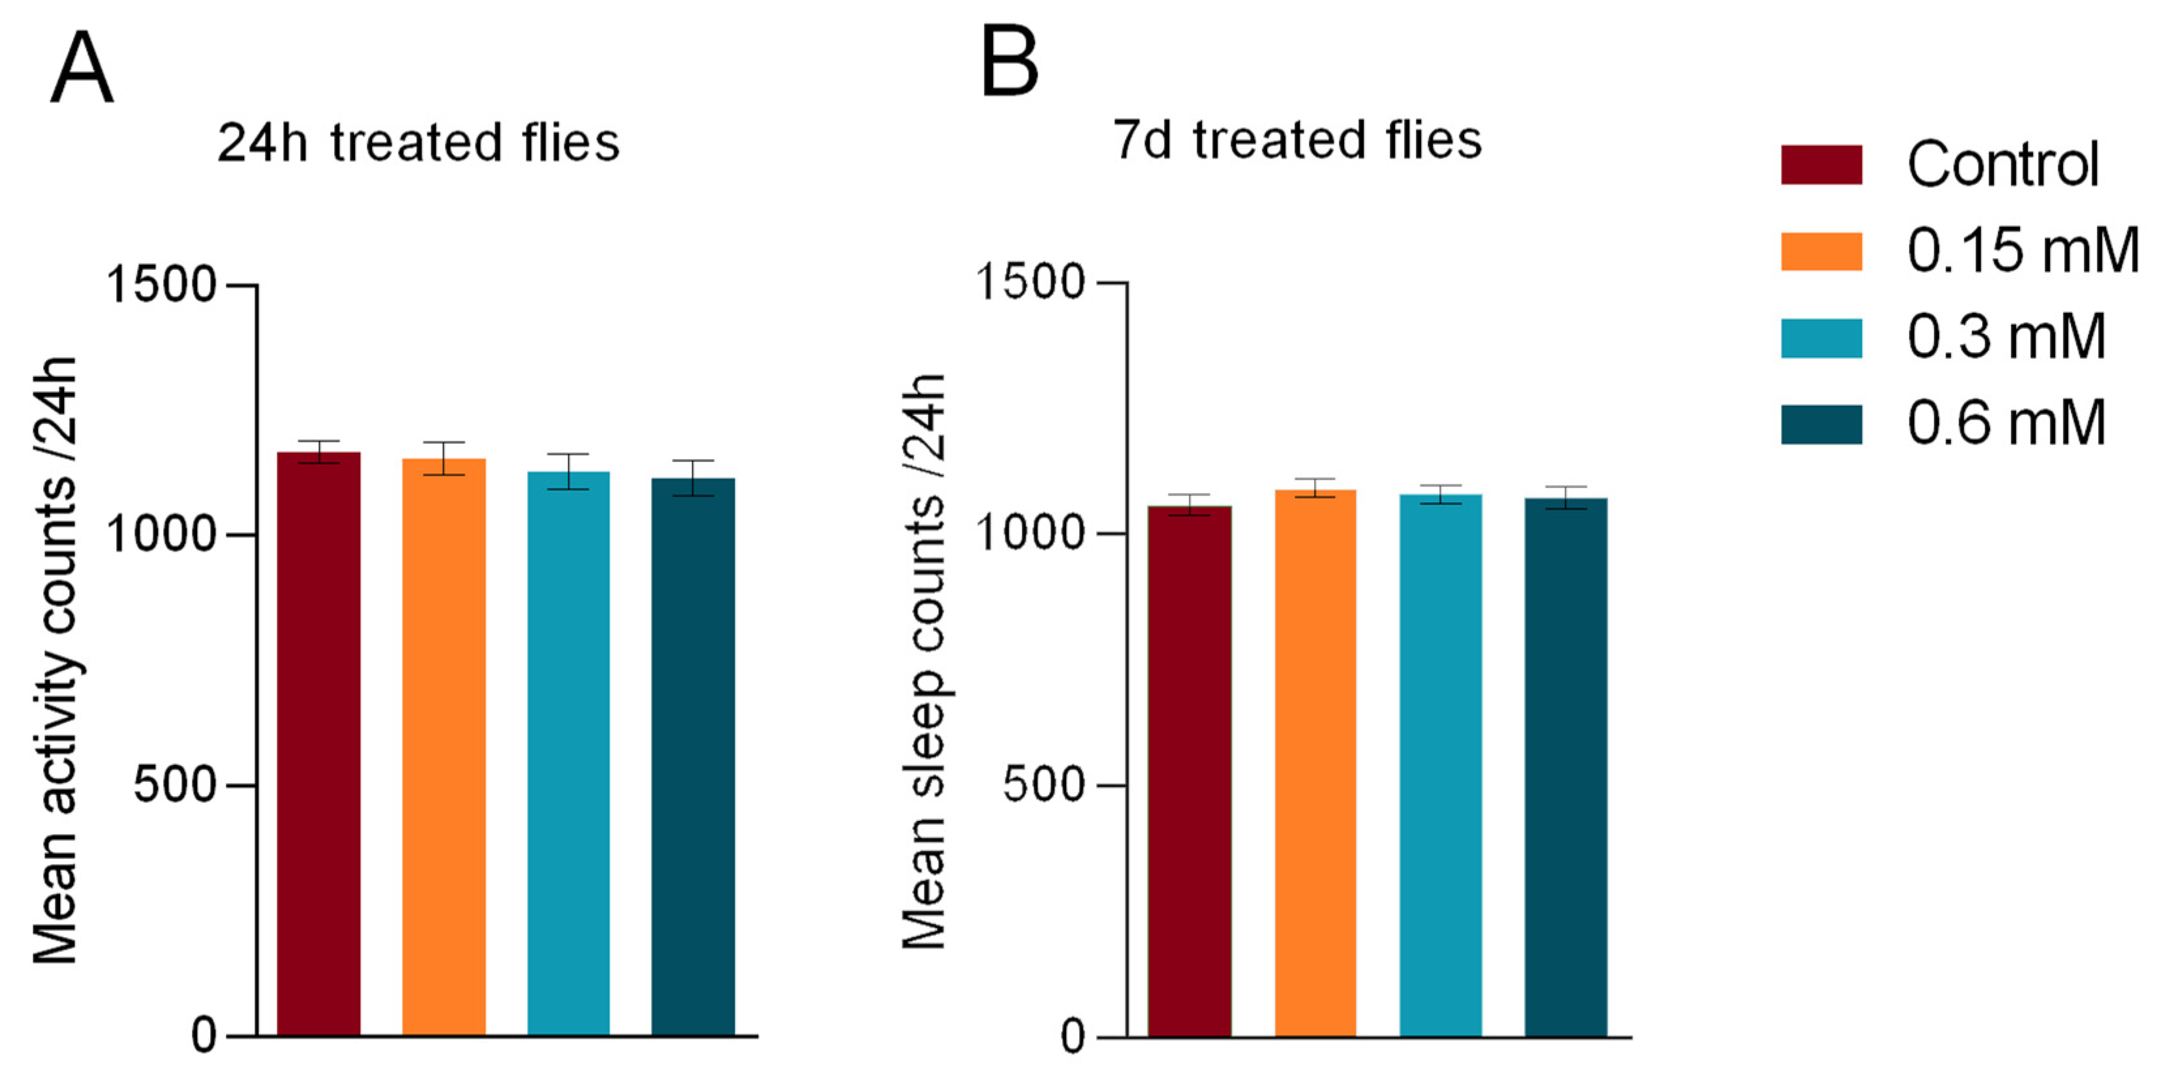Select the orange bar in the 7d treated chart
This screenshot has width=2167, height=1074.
1315,763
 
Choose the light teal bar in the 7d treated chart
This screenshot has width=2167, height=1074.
1440,766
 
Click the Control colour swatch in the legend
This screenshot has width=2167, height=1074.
1821,165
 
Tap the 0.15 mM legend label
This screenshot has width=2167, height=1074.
2022,250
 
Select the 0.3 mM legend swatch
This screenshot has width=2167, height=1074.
1821,338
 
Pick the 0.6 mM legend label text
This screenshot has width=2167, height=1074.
2005,423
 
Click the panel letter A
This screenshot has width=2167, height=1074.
82,67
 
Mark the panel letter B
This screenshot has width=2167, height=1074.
1010,61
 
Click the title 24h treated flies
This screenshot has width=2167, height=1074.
418,143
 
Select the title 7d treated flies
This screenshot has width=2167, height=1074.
1296,140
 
